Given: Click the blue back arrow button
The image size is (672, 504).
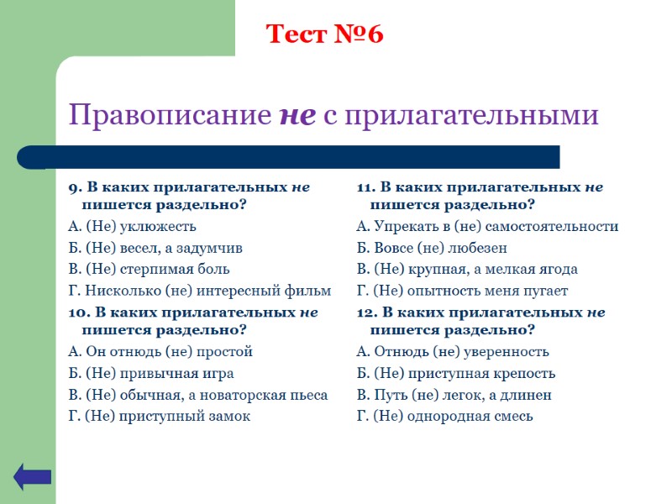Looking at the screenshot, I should (x=32, y=476).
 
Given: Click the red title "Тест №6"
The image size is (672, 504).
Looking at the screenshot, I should (x=324, y=34).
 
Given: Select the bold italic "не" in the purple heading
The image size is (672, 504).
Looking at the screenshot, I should (x=297, y=115).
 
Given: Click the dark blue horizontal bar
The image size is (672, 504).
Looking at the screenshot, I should (x=288, y=157).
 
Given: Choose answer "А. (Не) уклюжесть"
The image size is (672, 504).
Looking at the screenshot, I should (x=132, y=227).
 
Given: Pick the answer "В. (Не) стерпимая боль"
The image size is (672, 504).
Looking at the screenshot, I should (x=149, y=270).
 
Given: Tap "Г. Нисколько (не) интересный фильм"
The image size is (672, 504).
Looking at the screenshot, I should (x=199, y=291).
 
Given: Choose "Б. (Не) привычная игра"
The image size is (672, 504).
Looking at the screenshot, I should (x=150, y=374).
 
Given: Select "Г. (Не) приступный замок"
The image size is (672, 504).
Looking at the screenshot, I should (x=159, y=416).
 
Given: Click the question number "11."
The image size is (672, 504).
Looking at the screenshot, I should (x=366, y=187).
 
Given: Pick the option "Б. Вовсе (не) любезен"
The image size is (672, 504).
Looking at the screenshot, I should (x=432, y=248).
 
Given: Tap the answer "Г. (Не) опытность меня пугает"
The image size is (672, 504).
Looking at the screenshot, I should (x=462, y=291).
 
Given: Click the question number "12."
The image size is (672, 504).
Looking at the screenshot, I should (x=367, y=312).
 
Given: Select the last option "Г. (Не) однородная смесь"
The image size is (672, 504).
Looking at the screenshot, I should (x=444, y=416).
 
